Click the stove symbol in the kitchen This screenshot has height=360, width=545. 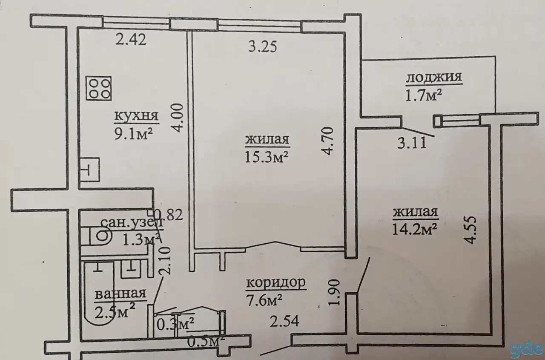98,88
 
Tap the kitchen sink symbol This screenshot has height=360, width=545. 89,169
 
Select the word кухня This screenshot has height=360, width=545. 136,116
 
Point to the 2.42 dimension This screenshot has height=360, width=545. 131,40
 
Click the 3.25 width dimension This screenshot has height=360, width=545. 262,46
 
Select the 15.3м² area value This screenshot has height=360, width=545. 267,157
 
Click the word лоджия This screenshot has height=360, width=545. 434,78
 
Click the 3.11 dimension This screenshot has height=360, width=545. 411,143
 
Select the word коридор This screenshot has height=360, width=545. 276,283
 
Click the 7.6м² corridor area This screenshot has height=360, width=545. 264,300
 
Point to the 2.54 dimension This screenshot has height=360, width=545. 284,320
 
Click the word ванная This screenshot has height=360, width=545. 121,294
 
